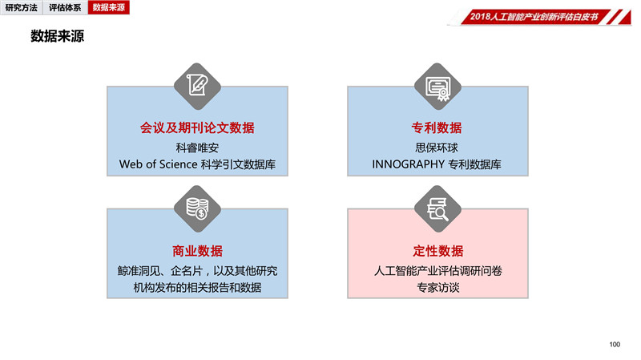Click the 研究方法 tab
[22, 7]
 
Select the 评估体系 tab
[65, 7]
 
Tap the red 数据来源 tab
[109, 7]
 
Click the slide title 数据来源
[57, 36]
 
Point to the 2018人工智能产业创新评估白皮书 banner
[539, 17]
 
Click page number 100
[615, 345]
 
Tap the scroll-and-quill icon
[197, 87]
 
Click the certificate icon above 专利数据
[437, 87]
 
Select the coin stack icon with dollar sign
[197, 208]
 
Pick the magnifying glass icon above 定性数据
[437, 208]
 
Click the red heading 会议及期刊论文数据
[197, 127]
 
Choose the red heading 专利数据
[437, 127]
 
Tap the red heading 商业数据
[197, 251]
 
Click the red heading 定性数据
[437, 251]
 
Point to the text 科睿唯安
[197, 148]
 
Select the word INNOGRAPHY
[408, 164]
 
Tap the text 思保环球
[437, 148]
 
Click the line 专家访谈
[437, 288]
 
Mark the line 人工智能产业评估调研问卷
[437, 271]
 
